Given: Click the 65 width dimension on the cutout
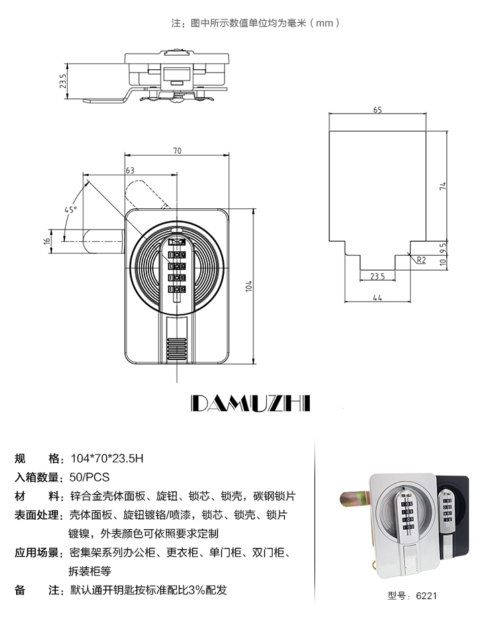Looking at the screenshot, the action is pyautogui.click(x=378, y=110).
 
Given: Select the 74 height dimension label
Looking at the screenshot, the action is pyautogui.click(x=443, y=186).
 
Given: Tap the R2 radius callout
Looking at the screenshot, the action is pyautogui.click(x=421, y=260).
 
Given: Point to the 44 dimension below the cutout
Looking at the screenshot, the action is pyautogui.click(x=378, y=298).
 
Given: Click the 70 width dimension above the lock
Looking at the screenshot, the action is pyautogui.click(x=177, y=151).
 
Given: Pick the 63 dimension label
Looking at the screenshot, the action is pyautogui.click(x=130, y=171).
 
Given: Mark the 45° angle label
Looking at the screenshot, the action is pyautogui.click(x=71, y=210).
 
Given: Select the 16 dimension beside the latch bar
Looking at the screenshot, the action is pyautogui.click(x=47, y=240).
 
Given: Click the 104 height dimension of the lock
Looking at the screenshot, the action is pyautogui.click(x=249, y=286).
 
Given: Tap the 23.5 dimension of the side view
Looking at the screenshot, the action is pyautogui.click(x=62, y=81).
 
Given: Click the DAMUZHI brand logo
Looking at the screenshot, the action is pyautogui.click(x=251, y=403).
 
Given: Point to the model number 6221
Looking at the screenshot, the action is pyautogui.click(x=426, y=596).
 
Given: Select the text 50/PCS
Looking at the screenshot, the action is pyautogui.click(x=89, y=477).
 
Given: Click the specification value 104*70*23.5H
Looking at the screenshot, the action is pyautogui.click(x=107, y=458).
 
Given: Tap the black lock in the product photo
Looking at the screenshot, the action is pyautogui.click(x=452, y=514).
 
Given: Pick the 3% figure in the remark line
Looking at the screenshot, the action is pyautogui.click(x=197, y=590).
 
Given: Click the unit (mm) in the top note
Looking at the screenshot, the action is pyautogui.click(x=325, y=23).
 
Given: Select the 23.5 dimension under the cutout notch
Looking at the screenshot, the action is pyautogui.click(x=378, y=276).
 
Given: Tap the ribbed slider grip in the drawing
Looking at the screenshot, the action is pyautogui.click(x=177, y=348).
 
